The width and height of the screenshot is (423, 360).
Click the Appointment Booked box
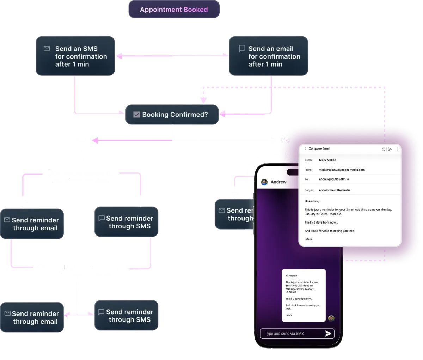tap(173, 10)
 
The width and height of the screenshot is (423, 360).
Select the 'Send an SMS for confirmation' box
tap(75, 56)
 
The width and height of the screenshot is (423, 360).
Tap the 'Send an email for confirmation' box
tap(269, 56)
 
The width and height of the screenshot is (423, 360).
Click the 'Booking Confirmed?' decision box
tap(172, 115)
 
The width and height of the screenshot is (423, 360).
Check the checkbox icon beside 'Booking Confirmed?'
tap(136, 115)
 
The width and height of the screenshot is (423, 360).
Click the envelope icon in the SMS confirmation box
tap(47, 49)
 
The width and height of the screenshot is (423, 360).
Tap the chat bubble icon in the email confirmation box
tap(242, 48)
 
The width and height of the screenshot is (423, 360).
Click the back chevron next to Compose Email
tap(305, 149)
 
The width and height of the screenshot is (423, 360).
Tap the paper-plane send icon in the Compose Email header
tap(390, 149)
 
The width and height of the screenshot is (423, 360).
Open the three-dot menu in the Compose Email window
tap(398, 149)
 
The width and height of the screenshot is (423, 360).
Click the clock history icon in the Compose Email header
tap(384, 149)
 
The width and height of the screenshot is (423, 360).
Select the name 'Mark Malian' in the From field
tap(327, 160)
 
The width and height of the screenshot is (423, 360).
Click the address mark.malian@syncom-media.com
tap(342, 170)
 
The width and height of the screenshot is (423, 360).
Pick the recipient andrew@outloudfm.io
tap(334, 179)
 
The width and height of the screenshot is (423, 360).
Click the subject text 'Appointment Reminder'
tap(335, 190)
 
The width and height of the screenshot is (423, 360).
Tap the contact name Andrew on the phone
tap(278, 182)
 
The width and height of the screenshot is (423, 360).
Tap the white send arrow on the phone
tap(328, 334)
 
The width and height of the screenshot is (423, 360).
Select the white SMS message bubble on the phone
tap(304, 295)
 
